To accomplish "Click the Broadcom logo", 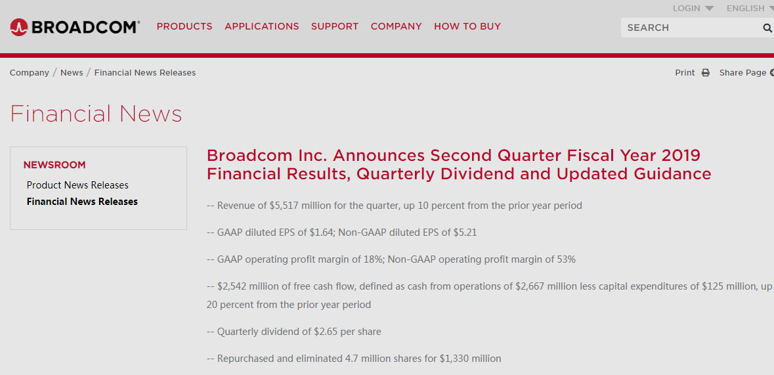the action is [75, 27].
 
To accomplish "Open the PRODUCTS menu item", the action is [184, 27].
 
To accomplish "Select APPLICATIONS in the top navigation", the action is [262, 27].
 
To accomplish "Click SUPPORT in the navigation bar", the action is [335, 27].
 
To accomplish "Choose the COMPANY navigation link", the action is [397, 27].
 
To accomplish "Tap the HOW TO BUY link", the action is [467, 27].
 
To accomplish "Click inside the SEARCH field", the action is [691, 28].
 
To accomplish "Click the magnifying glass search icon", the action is [767, 28].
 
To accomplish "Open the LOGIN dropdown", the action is [693, 9].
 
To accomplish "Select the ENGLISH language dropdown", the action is [749, 9].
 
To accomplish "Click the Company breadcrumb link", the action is [29, 73].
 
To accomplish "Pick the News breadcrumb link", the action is [72, 73].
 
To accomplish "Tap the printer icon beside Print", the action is [706, 73].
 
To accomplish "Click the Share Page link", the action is [743, 73].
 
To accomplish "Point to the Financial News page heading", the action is [96, 113].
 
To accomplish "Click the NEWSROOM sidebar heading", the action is [54, 165].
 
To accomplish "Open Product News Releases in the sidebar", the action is [77, 185].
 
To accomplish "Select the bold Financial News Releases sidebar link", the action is [82, 202].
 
